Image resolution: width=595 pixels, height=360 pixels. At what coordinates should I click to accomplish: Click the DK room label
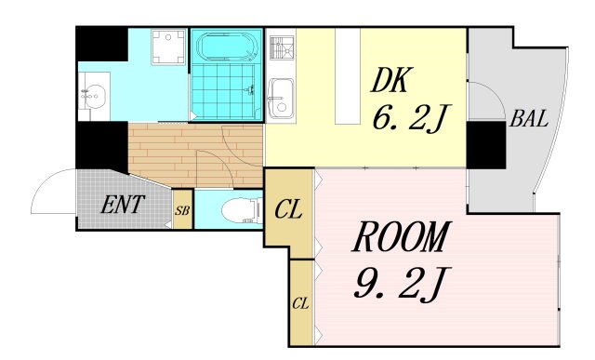[x=390, y=80]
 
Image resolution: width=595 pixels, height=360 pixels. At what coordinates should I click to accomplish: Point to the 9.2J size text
[x=403, y=284]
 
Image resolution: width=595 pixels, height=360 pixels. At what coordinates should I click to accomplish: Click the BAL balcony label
[x=529, y=118]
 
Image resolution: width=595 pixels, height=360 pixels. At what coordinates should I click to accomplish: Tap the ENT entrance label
[x=122, y=205]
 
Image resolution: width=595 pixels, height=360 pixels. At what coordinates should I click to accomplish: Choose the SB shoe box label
[x=182, y=210]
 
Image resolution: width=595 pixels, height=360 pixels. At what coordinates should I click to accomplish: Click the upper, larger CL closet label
[x=288, y=209]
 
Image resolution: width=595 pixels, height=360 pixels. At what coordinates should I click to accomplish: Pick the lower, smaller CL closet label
[x=300, y=303]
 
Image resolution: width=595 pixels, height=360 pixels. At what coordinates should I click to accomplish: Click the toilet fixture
[x=242, y=210]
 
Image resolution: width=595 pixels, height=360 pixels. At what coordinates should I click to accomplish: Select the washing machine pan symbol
[x=168, y=47]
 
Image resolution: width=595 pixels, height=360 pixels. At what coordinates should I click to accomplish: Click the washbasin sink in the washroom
[x=93, y=96]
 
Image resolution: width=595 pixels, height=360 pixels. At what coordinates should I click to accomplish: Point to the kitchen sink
[x=281, y=100]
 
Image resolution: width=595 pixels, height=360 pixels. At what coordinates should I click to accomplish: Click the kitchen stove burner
[x=282, y=47]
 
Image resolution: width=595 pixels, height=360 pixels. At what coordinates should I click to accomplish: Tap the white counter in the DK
[x=347, y=76]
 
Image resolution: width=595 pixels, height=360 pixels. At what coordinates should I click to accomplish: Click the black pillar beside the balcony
[x=486, y=145]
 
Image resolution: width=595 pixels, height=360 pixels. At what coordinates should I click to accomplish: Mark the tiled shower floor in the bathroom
[x=223, y=92]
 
